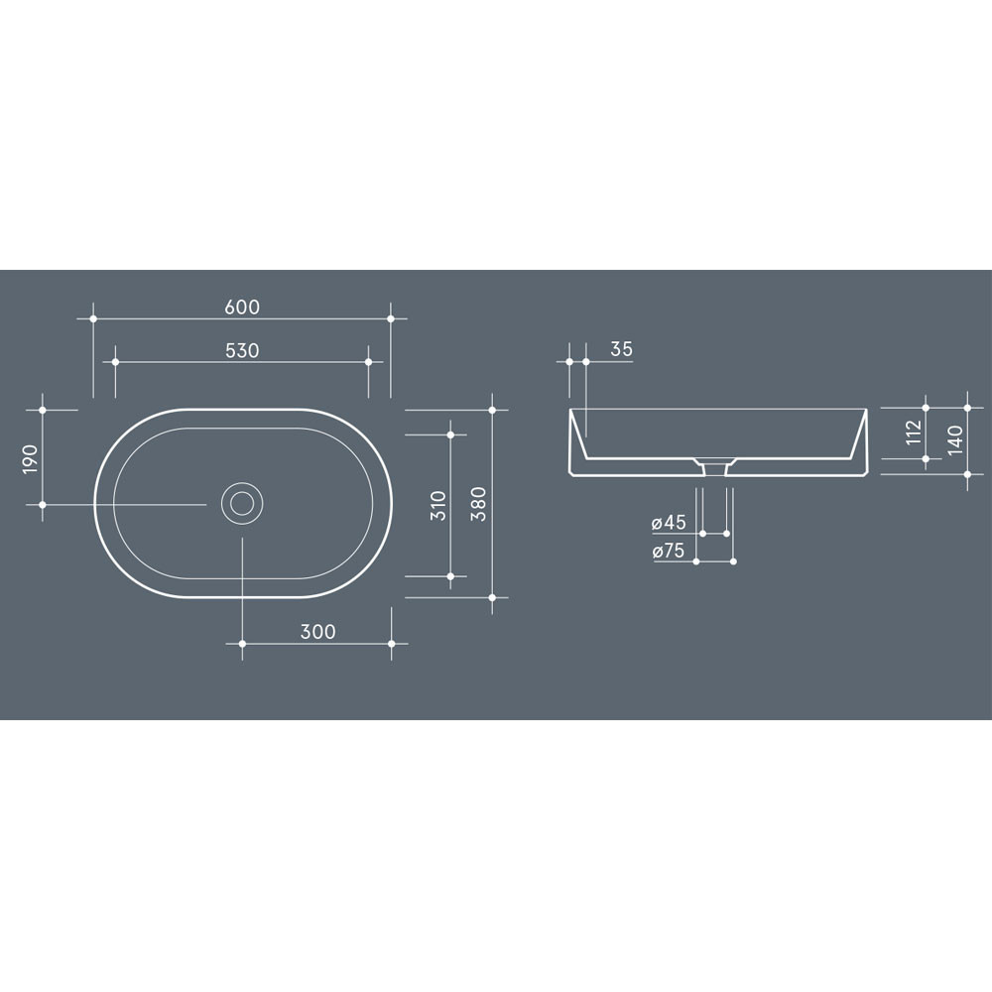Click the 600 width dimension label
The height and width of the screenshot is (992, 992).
coord(242,307)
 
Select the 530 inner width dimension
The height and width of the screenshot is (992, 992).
coord(242,350)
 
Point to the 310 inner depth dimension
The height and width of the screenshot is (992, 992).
coord(438,506)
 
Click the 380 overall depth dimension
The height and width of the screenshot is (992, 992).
coord(479,504)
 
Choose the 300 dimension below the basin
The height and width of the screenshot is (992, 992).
coord(317,631)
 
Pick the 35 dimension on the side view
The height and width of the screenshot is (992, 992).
coord(621,349)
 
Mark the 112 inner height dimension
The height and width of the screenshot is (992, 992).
coord(914,433)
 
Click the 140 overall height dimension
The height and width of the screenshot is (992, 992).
coord(955,439)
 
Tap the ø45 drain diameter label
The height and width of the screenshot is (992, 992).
coord(669,523)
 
